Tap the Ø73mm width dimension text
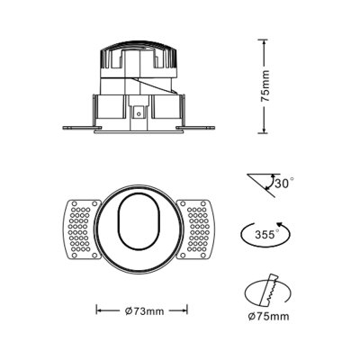(142, 311)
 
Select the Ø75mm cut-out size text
(267, 317)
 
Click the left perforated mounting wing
(79, 229)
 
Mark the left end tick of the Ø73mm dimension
(96, 311)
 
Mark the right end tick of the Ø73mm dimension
(187, 311)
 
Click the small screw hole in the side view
(139, 114)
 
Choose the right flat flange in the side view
(202, 127)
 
